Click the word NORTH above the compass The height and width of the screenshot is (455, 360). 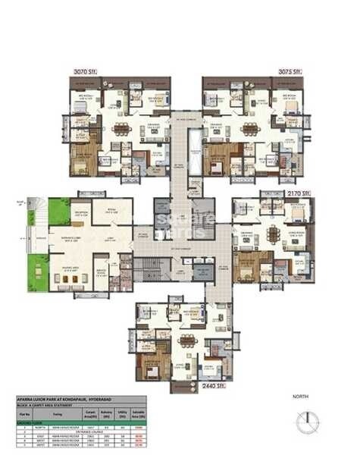pyautogui.click(x=302, y=397)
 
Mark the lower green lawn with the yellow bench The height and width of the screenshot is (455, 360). pyautogui.click(x=38, y=266)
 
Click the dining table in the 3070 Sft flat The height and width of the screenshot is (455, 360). pyautogui.click(x=121, y=128)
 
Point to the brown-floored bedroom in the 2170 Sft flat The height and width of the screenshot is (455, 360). pyautogui.click(x=251, y=265)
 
